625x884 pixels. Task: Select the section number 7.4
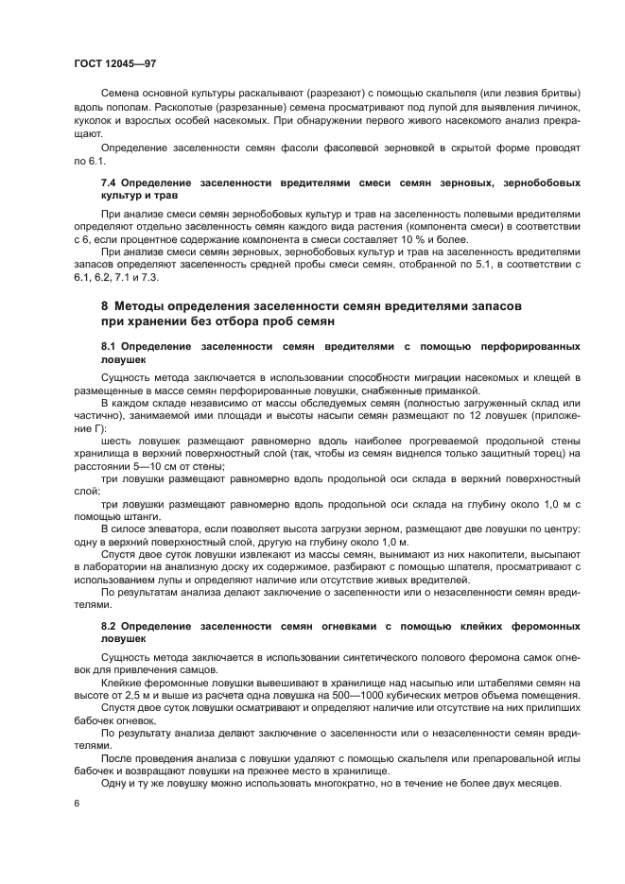click(110, 180)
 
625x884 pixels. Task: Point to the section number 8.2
click(110, 625)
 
